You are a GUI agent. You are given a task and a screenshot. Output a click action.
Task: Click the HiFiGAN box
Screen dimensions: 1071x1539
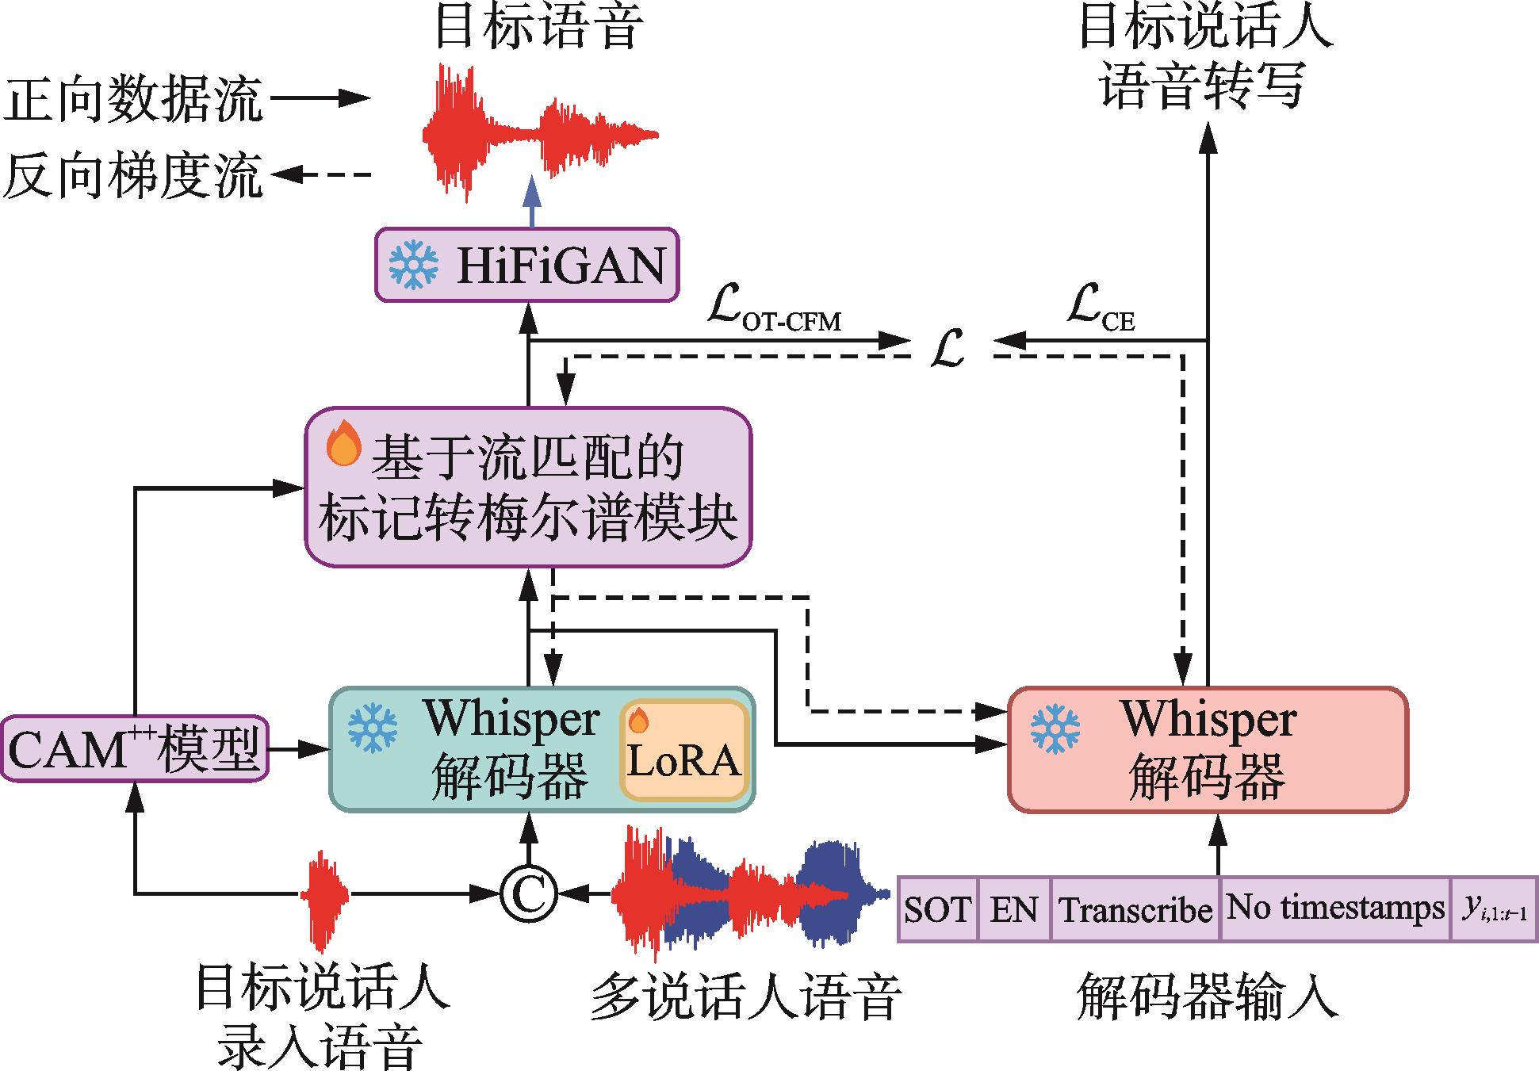(x=526, y=265)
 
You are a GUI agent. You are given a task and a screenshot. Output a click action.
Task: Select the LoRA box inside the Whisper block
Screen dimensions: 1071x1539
(x=683, y=750)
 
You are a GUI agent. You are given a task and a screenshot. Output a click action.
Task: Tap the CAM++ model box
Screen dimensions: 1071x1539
(x=134, y=749)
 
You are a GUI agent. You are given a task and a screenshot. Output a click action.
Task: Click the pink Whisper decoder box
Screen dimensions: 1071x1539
(x=1207, y=749)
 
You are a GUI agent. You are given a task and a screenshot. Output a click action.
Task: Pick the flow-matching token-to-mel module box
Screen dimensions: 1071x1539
(x=528, y=487)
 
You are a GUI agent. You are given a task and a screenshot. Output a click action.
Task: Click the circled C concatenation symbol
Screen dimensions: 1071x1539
(x=528, y=894)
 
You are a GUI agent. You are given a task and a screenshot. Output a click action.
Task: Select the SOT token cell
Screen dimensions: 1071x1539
(x=937, y=909)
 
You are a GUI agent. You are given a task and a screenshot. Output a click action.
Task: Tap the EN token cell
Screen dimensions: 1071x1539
(x=1013, y=909)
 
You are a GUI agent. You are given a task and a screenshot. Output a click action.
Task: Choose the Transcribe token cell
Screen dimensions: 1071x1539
(x=1135, y=909)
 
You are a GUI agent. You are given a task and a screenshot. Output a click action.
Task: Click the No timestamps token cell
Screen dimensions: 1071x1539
(x=1334, y=909)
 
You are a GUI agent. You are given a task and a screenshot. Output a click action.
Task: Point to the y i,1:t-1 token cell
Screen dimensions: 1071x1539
(x=1494, y=909)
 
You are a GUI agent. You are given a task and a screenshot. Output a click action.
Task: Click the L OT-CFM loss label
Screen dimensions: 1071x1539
(x=773, y=313)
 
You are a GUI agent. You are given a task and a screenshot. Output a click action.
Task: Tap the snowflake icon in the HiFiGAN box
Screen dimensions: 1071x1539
(x=413, y=265)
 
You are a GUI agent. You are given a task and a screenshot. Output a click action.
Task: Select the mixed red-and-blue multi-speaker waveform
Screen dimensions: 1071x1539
(x=749, y=893)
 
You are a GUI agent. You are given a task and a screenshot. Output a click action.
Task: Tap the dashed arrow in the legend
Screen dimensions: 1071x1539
(x=322, y=174)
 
